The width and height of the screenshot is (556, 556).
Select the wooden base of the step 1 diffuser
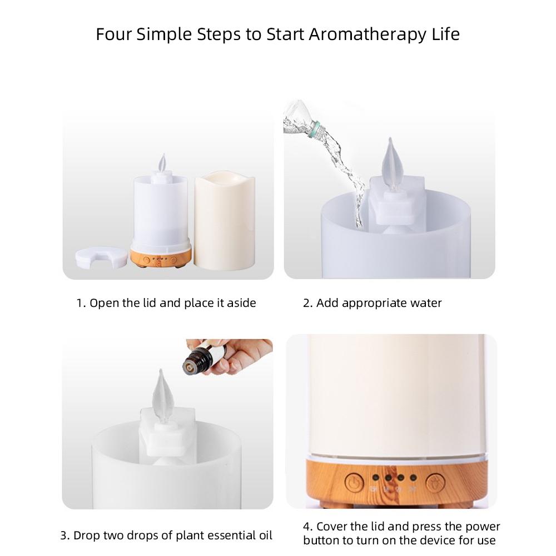click(161, 257)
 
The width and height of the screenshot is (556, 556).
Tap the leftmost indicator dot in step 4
click(375, 477)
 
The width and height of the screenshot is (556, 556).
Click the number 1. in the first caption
click(81, 303)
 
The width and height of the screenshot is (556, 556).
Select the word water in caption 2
click(424, 303)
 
